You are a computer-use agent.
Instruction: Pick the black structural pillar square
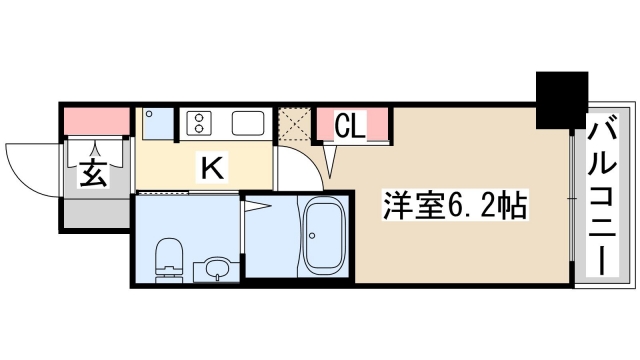click(x=562, y=100)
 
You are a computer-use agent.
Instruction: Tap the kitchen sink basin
click(x=248, y=124)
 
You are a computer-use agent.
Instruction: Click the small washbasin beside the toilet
click(x=213, y=268)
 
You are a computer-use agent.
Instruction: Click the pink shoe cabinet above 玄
click(x=98, y=121)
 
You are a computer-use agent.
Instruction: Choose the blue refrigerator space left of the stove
click(x=157, y=125)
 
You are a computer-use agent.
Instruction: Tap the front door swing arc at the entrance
click(x=30, y=165)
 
